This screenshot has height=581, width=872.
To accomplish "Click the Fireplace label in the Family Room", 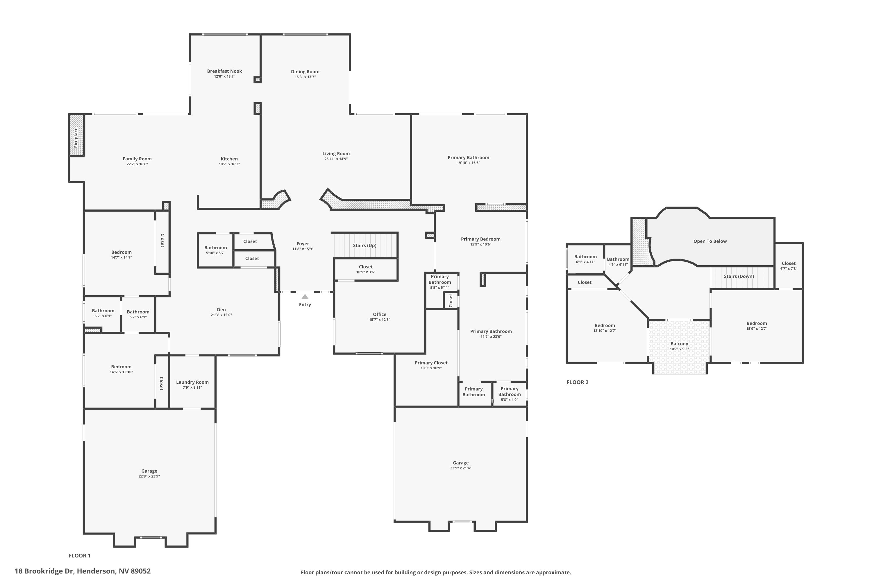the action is (x=76, y=137).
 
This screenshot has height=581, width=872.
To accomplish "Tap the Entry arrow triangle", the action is (x=305, y=297).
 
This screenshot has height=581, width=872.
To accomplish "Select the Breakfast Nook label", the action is (x=224, y=71).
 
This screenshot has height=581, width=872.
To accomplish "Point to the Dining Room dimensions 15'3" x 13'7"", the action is (x=305, y=77).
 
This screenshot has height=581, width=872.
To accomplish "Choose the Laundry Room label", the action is (x=192, y=382).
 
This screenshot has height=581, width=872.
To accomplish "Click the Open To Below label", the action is (x=710, y=241).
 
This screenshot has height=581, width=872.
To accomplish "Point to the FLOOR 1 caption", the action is (x=80, y=555).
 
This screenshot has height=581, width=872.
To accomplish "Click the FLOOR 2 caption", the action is (x=577, y=382).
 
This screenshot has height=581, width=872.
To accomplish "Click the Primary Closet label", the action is (x=431, y=363).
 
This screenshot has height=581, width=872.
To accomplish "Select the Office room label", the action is (x=380, y=314).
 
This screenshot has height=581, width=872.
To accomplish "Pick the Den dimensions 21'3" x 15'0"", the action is (x=221, y=315).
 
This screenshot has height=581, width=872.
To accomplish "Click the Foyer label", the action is (x=303, y=244).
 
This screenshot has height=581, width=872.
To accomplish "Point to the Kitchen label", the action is (x=229, y=159).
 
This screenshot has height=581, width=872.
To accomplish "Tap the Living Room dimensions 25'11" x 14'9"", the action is (x=336, y=159).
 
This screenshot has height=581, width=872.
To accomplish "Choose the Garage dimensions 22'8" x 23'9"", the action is (x=149, y=476).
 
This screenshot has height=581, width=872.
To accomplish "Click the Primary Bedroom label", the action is (x=480, y=239).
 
